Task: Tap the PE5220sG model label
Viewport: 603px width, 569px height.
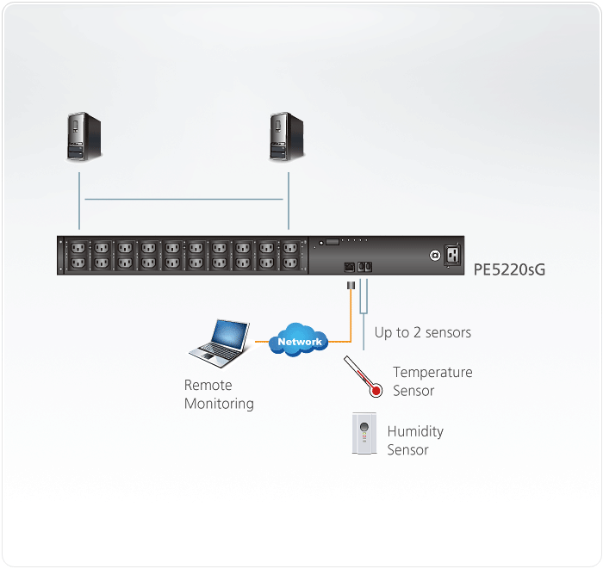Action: point(509,269)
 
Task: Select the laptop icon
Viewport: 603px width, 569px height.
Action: point(220,341)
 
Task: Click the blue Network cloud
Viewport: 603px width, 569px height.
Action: point(299,341)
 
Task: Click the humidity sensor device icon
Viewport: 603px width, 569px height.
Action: point(365,435)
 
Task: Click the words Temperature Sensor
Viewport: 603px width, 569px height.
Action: point(432,381)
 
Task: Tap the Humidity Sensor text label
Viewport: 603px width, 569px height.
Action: point(415,440)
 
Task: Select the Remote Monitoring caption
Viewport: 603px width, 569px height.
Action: point(219,394)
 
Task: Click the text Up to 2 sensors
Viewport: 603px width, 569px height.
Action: point(423,332)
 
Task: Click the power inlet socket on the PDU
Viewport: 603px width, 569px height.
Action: point(452,255)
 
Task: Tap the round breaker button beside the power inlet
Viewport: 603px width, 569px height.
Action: point(434,255)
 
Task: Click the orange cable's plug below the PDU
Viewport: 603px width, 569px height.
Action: point(350,285)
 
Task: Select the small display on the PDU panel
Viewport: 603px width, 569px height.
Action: point(332,244)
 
